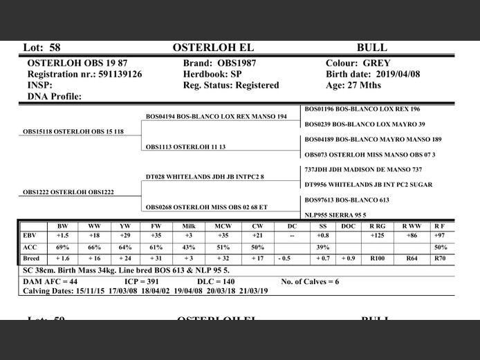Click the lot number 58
click(x=55, y=48)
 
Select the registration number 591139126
click(x=118, y=74)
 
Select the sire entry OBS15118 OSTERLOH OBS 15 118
click(x=73, y=131)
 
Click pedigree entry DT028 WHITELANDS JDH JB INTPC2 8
click(x=205, y=177)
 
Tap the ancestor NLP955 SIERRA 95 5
click(x=336, y=215)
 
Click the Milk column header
click(x=189, y=226)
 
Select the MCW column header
click(x=223, y=226)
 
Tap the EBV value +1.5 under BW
click(x=62, y=236)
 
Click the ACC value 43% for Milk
click(x=189, y=247)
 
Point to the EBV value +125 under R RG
click(x=378, y=236)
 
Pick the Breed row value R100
click(x=378, y=258)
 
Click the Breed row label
click(x=31, y=258)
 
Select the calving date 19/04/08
click(x=179, y=291)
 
